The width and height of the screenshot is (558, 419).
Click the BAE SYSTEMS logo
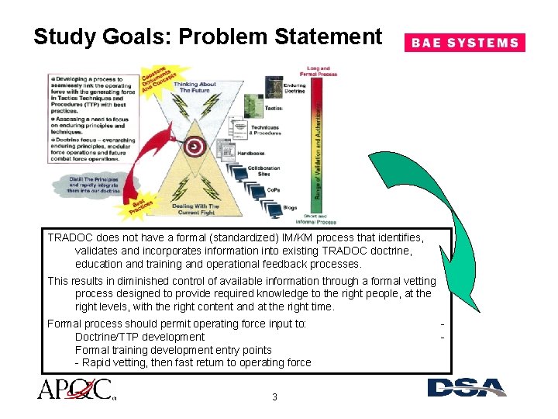(464, 43)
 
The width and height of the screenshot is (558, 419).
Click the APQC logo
(75, 389)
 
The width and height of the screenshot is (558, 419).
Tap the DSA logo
(467, 387)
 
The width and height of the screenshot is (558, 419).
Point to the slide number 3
(274, 397)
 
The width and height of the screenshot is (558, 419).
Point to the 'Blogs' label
(290, 207)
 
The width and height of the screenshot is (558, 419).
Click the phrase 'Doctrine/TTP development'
(139, 337)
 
